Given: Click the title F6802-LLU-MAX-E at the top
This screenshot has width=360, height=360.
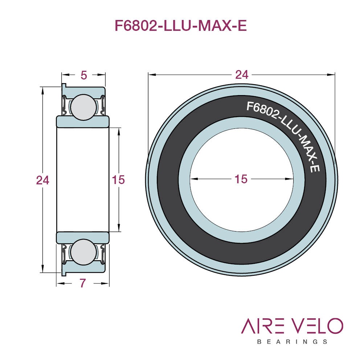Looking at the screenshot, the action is point(181,25).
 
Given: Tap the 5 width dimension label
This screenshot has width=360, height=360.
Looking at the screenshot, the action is point(84,75).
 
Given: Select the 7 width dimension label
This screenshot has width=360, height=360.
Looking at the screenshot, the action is point(83,283).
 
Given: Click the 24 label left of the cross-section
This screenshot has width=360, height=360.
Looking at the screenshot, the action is point(42,180).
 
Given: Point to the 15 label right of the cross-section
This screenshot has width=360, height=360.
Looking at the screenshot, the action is point(118,180).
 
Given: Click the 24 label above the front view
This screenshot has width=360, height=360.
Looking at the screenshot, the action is point(242,75).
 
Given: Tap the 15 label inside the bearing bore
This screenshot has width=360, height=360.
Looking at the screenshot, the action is point(241,179).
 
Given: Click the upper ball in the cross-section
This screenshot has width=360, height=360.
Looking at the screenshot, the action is point(83,107).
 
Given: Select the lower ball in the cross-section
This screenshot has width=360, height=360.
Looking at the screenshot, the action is point(83,252).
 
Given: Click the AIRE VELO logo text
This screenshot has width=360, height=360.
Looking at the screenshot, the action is point(292,326).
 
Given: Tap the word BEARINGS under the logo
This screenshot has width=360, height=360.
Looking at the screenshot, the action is point(292,342).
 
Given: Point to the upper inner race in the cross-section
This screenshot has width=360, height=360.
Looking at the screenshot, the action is point(83,122).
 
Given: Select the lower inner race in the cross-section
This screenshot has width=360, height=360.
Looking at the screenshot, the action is point(83,238).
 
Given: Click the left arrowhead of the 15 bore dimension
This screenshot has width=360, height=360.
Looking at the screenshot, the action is point(194,179).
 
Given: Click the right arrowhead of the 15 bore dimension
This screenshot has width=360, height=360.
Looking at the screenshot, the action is point(289,179).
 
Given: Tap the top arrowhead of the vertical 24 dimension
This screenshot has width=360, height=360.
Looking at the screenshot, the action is point(42,91).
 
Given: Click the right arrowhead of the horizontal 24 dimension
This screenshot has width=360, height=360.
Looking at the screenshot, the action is point(331,74).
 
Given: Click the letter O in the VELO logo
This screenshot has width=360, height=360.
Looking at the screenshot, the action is point(335,326).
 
